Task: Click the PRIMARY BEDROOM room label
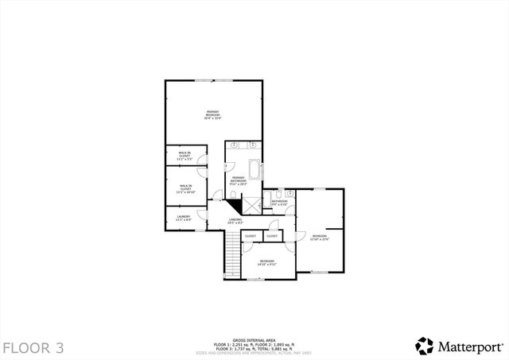click(x=212, y=115)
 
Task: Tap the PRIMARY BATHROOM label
click(x=239, y=180)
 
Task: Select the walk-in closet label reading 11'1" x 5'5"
click(x=184, y=155)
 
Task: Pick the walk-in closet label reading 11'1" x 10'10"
click(x=186, y=189)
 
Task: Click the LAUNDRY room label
click(x=183, y=216)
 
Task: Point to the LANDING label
click(x=235, y=221)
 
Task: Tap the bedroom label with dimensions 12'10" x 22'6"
click(x=319, y=238)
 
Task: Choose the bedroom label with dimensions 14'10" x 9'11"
click(x=267, y=263)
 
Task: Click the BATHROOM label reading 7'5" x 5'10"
click(x=279, y=203)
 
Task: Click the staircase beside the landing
click(x=231, y=256)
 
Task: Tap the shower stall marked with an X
click(x=253, y=203)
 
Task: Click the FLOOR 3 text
click(x=33, y=347)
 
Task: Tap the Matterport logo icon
click(x=424, y=346)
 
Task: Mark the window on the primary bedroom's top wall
click(x=215, y=80)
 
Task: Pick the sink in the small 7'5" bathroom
click(x=289, y=193)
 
